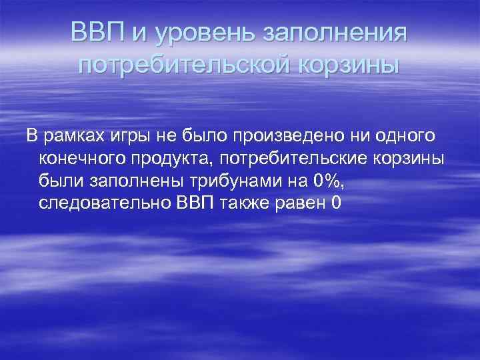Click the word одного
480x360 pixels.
[404, 137]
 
